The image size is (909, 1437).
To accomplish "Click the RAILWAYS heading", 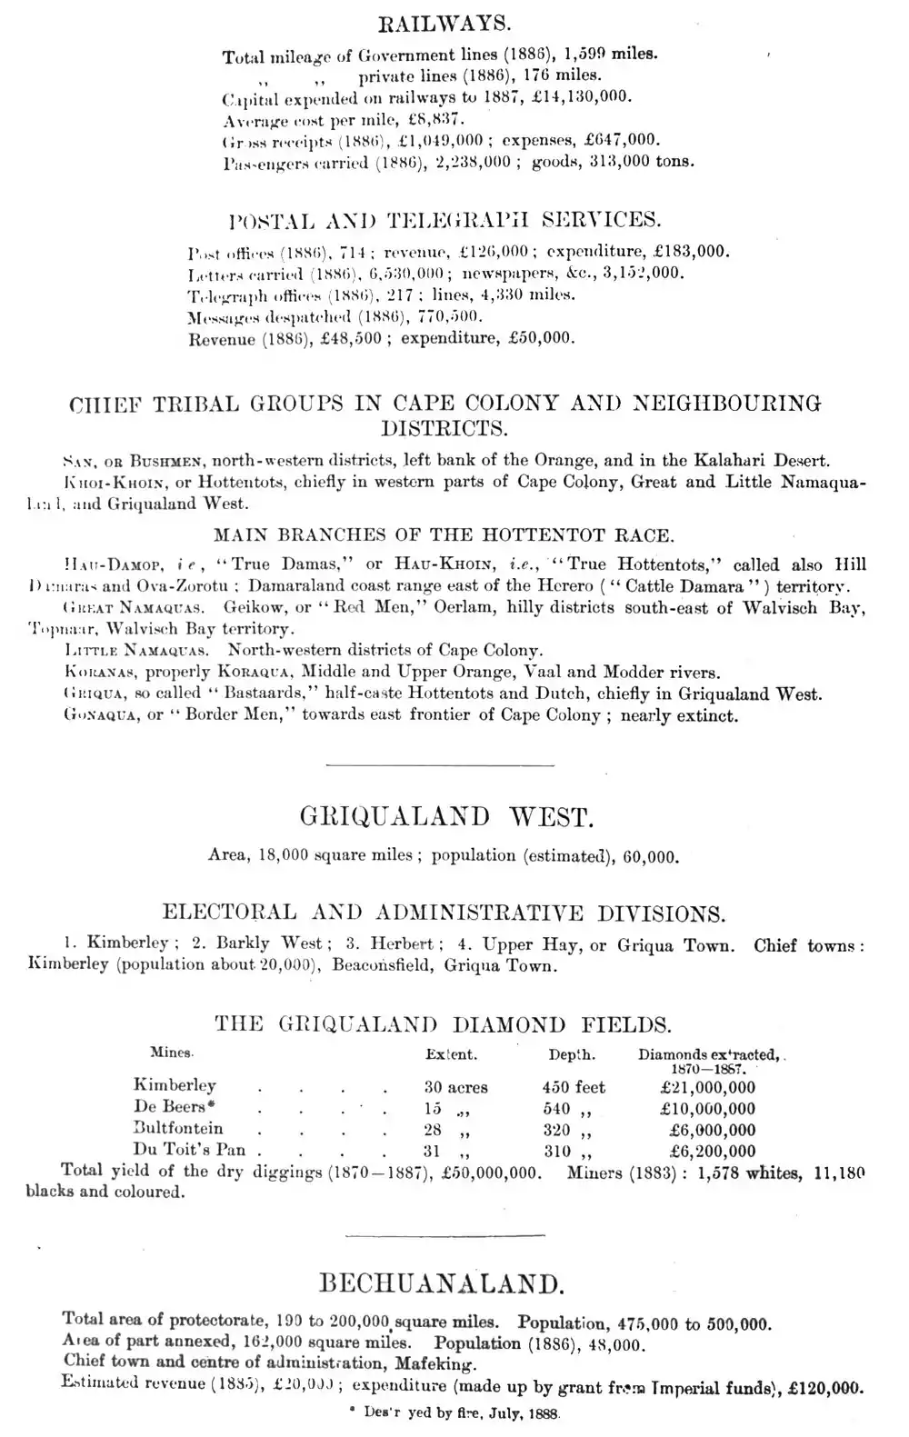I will coord(444,21).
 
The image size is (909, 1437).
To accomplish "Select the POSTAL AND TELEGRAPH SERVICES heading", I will coord(444,220).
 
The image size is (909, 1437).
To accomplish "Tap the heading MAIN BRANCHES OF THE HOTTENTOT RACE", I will coord(444,535).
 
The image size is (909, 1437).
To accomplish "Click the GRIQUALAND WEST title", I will coord(446,817).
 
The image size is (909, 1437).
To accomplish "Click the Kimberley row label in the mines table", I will coord(175,1085).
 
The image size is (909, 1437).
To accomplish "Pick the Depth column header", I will coord(571,1055).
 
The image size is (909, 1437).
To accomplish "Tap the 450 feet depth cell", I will coord(574,1087).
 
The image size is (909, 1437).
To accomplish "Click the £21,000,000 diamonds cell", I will coord(708,1087).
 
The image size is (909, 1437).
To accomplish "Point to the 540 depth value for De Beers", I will coord(556,1109).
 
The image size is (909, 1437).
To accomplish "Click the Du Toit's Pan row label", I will coord(189,1150).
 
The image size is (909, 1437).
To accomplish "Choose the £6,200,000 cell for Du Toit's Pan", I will coord(712,1152).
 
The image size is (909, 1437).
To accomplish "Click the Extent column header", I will coord(451,1055).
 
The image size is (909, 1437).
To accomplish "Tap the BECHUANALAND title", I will coord(443,1284).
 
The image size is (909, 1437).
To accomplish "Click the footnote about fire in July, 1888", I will coord(454,1415).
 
